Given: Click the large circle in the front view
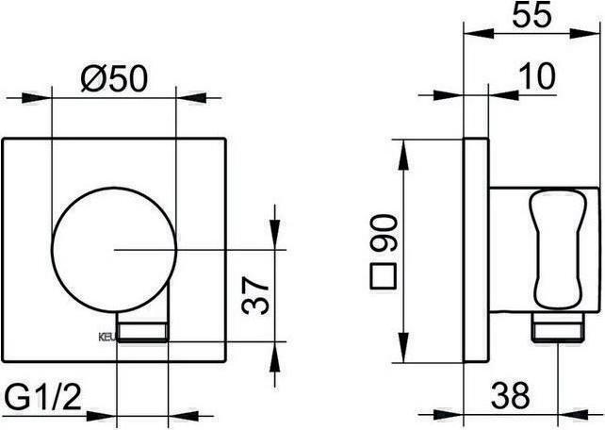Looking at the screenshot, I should point(113,250).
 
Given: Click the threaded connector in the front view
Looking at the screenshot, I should point(141,331).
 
